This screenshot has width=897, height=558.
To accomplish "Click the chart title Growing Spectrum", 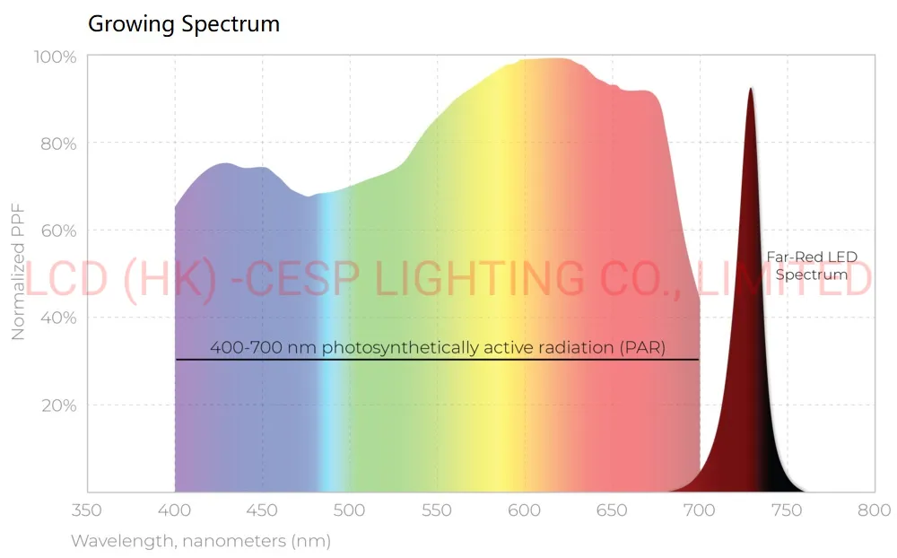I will pos(184,24).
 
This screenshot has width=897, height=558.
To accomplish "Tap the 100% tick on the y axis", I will pos(55,57).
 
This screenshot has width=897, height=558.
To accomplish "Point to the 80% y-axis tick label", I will pos(57,144).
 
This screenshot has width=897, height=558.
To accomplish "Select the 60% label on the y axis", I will pos(57,231).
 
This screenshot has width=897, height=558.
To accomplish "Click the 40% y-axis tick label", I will pos(57,318).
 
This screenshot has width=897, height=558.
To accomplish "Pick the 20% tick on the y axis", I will pos(57,405).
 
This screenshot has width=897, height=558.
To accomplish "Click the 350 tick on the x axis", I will pos(87,510).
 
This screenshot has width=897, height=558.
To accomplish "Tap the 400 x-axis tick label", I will pos(175,510).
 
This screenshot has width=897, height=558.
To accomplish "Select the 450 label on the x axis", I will pos(262,510).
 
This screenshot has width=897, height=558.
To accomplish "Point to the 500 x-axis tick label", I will pos(350,510).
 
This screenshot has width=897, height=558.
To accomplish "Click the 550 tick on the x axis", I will pos(437,510).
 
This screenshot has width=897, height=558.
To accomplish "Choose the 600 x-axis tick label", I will pos(525,510).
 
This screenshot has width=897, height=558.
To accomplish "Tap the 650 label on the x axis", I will pos(612,510).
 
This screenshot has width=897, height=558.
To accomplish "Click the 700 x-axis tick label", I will pos(700,510).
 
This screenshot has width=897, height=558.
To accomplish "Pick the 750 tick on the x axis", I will pos(787,510).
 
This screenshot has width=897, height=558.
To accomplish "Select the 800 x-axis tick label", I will pos(874,510).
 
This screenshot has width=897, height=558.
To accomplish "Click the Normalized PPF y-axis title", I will pos(18,272).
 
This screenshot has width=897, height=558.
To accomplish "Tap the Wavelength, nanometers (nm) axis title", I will pos(201,541).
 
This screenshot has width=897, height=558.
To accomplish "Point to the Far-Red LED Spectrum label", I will pos(812,266).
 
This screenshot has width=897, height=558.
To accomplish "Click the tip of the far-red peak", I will pos(751,89).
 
